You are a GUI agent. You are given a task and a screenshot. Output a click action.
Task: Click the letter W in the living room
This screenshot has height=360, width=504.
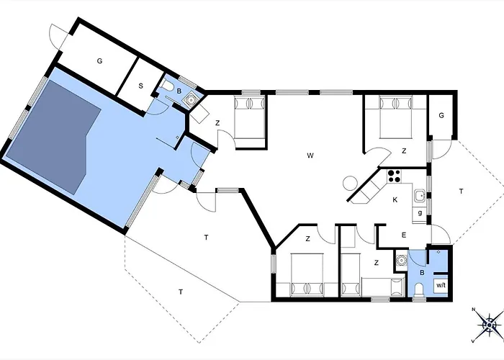[310, 156]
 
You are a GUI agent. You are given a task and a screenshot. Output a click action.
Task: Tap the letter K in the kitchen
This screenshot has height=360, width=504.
[395, 199]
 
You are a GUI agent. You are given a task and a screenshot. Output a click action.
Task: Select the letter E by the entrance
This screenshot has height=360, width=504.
[404, 235]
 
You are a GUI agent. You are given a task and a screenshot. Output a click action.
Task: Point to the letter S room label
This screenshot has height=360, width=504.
[140, 86]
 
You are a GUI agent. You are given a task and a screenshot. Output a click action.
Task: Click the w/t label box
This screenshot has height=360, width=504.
[441, 285]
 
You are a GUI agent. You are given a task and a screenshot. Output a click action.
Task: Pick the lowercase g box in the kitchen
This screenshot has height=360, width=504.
[420, 213]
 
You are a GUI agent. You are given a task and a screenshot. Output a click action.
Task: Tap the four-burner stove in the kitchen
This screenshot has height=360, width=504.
[394, 176]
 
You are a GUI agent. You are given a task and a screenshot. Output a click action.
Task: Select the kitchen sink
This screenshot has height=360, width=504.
[420, 195]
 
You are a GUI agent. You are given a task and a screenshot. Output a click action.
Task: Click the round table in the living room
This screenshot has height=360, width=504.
[351, 183]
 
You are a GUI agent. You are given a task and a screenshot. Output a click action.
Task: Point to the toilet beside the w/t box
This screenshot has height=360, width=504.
[419, 289]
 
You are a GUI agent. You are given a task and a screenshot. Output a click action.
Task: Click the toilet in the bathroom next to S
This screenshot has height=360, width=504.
[168, 86]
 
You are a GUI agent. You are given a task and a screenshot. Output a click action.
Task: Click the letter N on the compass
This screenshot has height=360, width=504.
[474, 310]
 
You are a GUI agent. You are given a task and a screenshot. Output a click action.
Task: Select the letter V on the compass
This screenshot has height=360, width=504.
[473, 341]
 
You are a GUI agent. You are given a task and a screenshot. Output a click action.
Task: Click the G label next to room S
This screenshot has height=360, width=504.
[99, 60]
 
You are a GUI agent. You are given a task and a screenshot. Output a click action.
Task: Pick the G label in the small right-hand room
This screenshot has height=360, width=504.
[441, 115]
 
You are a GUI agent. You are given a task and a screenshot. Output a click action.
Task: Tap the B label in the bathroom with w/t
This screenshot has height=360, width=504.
[423, 273]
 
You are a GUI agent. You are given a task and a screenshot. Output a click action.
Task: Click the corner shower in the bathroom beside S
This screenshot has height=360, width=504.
[191, 100]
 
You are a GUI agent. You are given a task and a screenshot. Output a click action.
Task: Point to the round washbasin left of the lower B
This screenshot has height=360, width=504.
[401, 260]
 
